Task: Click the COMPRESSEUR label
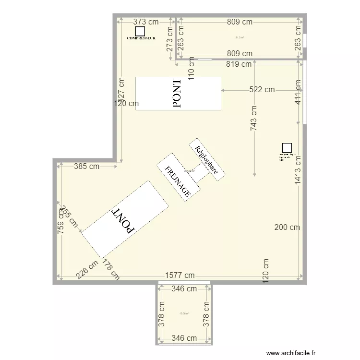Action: [x=141, y=37]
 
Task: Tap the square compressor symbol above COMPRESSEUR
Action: [x=140, y=31]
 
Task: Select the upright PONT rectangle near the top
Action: [x=178, y=93]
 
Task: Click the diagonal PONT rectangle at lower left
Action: [x=124, y=219]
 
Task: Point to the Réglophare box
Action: [x=207, y=160]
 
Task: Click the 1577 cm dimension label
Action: [x=180, y=275]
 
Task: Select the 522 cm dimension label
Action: [x=262, y=89]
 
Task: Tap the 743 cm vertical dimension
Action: [x=253, y=118]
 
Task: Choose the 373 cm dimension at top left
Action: [x=145, y=22]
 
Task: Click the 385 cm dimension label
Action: [x=87, y=167]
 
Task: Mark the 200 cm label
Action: [x=287, y=227]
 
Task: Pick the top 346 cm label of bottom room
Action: [x=184, y=288]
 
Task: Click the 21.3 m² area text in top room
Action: [x=239, y=37]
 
